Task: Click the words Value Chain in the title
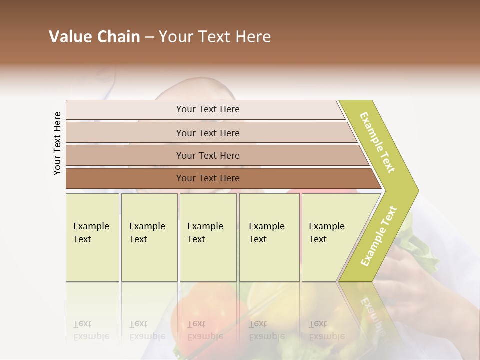click(94, 37)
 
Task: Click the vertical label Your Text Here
click(57, 143)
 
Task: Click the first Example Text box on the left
click(92, 237)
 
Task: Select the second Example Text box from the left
click(149, 237)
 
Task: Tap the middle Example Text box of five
click(208, 237)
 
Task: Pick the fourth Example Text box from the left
click(269, 237)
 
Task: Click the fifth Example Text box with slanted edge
click(332, 237)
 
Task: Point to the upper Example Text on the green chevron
click(377, 142)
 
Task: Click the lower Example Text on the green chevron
click(379, 236)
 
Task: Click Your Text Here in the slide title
click(215, 37)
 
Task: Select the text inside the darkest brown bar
click(208, 178)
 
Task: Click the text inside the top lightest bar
click(208, 109)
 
